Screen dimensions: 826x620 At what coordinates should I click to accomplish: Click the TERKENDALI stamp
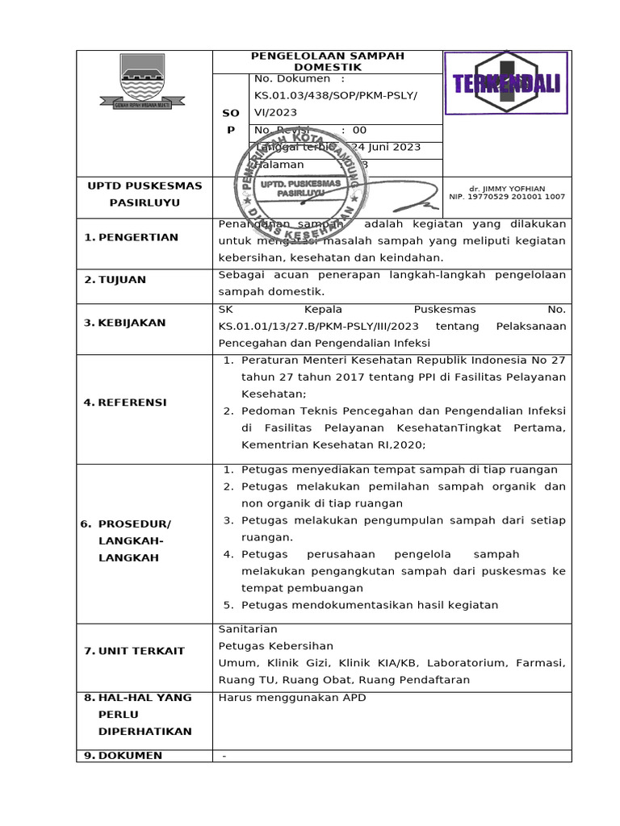tap(507, 84)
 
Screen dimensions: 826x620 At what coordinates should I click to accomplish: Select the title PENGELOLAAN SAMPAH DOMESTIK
tap(327, 61)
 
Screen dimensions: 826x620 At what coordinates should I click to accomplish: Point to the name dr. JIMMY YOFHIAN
tap(507, 188)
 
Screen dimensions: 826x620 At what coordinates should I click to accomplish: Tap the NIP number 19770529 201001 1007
tap(507, 197)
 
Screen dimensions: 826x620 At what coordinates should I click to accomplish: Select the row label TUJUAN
tap(122, 280)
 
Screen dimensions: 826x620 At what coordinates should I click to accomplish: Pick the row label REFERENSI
tap(132, 403)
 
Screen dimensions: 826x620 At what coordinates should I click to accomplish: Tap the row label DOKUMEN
tap(130, 756)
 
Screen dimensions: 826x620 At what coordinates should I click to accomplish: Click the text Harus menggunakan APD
tap(292, 698)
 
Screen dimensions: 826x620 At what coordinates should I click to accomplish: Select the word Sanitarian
tap(248, 629)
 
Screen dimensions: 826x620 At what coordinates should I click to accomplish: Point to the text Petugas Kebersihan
tap(276, 646)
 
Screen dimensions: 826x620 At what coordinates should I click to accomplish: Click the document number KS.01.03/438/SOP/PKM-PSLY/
tap(336, 95)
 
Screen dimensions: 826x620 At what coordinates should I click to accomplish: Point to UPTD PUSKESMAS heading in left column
tap(145, 186)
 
